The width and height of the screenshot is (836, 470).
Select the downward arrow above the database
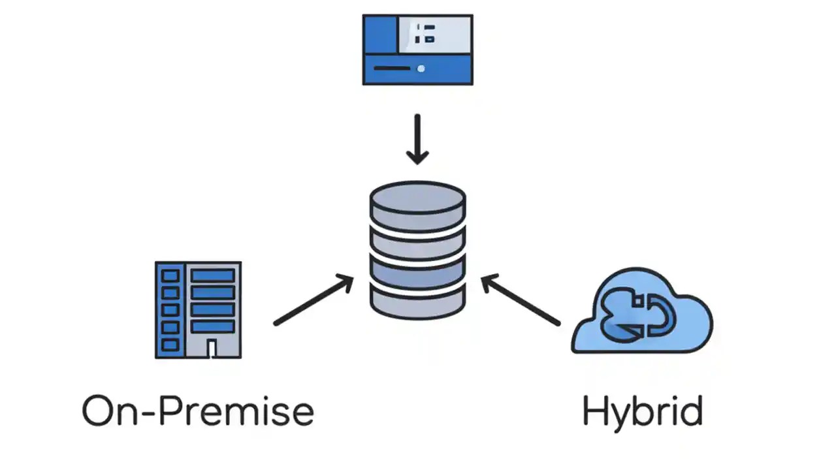tap(417, 139)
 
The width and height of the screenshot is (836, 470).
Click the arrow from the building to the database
tap(314, 300)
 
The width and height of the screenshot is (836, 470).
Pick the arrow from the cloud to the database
tap(521, 300)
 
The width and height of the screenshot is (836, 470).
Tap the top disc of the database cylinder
tap(417, 198)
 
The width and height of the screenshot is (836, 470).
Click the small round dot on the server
tap(421, 69)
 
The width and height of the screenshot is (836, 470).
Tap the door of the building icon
tap(212, 349)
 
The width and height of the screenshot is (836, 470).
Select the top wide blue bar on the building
tap(212, 275)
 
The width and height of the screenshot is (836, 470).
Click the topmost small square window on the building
tap(170, 275)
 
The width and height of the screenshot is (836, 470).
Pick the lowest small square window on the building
tap(170, 345)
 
